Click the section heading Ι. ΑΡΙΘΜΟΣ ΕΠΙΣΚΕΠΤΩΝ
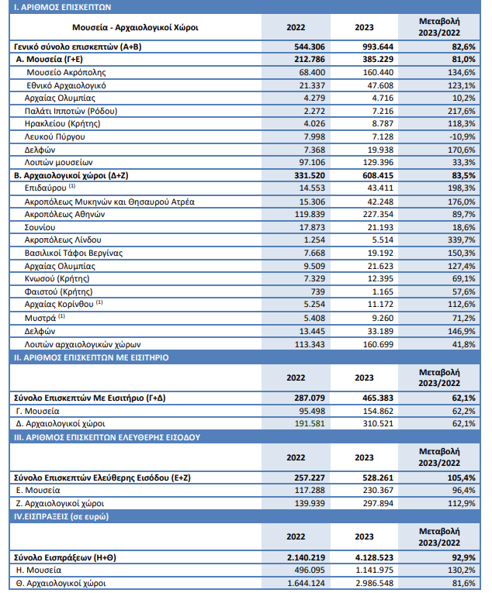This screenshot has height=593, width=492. [x=63, y=7]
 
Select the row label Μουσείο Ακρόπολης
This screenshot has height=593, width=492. [x=66, y=72]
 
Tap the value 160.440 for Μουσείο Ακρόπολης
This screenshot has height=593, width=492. [x=378, y=72]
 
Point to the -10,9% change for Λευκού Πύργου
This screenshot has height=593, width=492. [x=462, y=136]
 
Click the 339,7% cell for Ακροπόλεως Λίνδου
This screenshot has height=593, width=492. [x=461, y=240]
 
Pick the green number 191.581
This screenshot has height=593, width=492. [x=310, y=423]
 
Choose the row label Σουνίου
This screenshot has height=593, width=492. [x=40, y=227]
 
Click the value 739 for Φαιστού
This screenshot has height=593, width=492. [x=317, y=291]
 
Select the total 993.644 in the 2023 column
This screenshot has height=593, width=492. [x=378, y=47]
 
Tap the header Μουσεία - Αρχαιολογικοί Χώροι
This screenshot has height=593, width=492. [x=135, y=27]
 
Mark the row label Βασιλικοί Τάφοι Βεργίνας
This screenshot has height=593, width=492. [x=74, y=253]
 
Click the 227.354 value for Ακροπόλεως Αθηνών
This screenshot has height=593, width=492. [x=378, y=215]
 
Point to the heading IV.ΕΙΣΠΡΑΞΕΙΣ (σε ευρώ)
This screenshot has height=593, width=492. [x=61, y=516]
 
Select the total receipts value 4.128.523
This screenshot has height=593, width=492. [x=372, y=557]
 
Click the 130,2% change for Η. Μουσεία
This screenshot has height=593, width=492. [x=461, y=570]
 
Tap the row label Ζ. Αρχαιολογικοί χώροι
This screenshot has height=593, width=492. [x=60, y=503]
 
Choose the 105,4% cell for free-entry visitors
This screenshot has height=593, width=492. [x=461, y=478]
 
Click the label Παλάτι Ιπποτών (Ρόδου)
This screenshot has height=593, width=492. [x=71, y=111]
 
